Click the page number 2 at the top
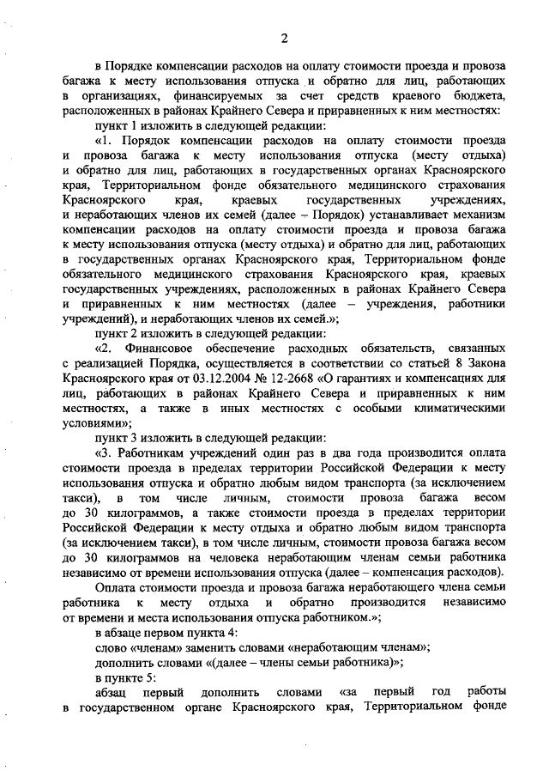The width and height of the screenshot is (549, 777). (x=282, y=36)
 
